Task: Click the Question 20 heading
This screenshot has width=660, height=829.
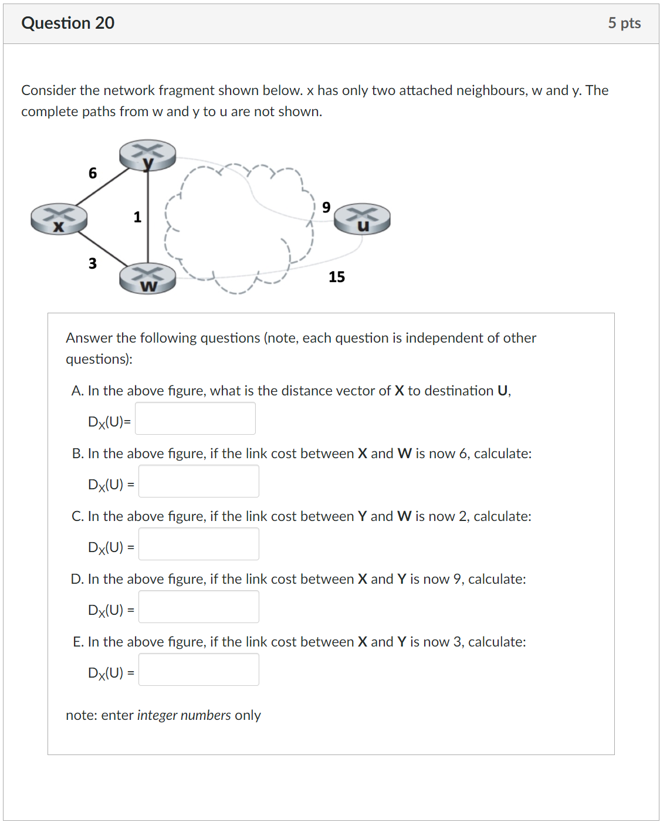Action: tap(68, 23)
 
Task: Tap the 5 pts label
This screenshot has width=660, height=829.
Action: tap(624, 23)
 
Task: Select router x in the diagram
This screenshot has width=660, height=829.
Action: tap(59, 219)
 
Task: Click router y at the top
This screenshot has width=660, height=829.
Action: tap(147, 155)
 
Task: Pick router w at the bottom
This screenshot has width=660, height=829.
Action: tap(148, 279)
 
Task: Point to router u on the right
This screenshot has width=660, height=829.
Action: tap(362, 219)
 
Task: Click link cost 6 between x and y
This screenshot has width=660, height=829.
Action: tap(93, 173)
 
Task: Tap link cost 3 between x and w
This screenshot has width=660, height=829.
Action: tap(93, 263)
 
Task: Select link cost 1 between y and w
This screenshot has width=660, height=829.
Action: tap(137, 217)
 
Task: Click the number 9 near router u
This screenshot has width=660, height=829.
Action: tap(326, 207)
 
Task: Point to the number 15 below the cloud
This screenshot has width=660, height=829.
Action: tap(337, 277)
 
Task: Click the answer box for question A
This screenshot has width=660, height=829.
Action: tap(195, 418)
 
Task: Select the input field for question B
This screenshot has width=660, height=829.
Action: tap(199, 481)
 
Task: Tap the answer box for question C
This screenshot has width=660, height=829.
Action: tap(199, 544)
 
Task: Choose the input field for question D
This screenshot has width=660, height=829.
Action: tap(199, 607)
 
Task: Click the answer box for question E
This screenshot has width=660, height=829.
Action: tap(199, 669)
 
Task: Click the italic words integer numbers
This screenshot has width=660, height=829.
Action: tap(184, 715)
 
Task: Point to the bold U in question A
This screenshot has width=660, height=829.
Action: tap(503, 391)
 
